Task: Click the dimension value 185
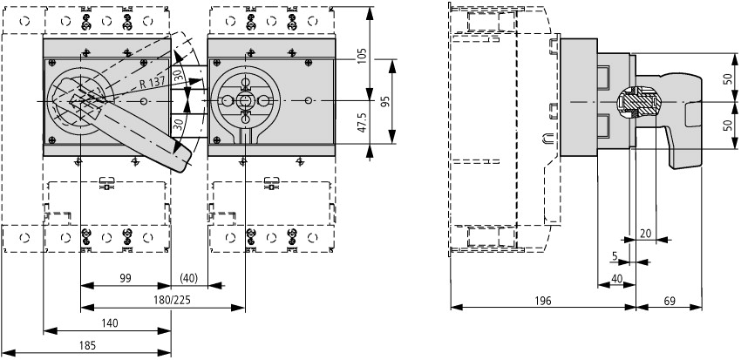point(87,345)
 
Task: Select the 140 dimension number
point(110,323)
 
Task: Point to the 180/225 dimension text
point(173,301)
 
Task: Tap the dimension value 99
point(125,278)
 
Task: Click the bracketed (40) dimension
point(189,278)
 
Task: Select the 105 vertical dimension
point(363,56)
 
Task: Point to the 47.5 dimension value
point(363,122)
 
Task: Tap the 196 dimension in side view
point(543,301)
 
